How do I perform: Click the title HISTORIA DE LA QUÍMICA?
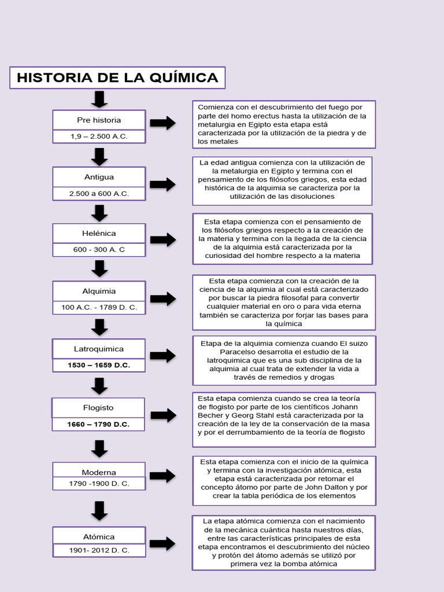117,77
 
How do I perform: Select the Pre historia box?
99,120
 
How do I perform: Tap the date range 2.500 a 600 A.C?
99,194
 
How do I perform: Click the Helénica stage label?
99,234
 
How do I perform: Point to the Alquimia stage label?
99,291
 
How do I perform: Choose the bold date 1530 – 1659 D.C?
99,365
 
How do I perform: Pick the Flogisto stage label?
98,408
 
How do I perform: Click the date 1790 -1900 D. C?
99,483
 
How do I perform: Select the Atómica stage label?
99,537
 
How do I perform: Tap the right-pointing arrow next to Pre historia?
162,123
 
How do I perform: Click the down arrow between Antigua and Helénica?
99,213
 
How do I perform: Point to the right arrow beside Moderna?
162,476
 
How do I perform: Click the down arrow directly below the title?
99,99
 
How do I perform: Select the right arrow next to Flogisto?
163,415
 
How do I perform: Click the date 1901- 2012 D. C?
99,551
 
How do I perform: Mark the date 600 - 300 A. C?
99,250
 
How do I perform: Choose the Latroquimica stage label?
99,349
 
